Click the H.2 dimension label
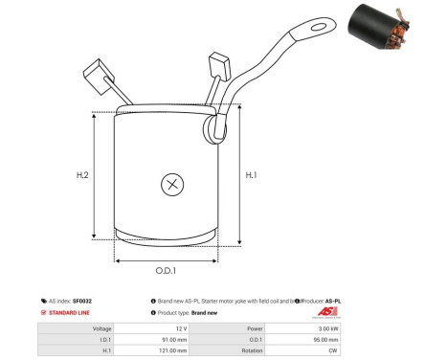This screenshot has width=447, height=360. [x=82, y=175]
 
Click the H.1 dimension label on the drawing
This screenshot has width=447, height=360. [x=252, y=175]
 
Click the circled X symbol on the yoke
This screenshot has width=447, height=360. [x=172, y=184]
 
